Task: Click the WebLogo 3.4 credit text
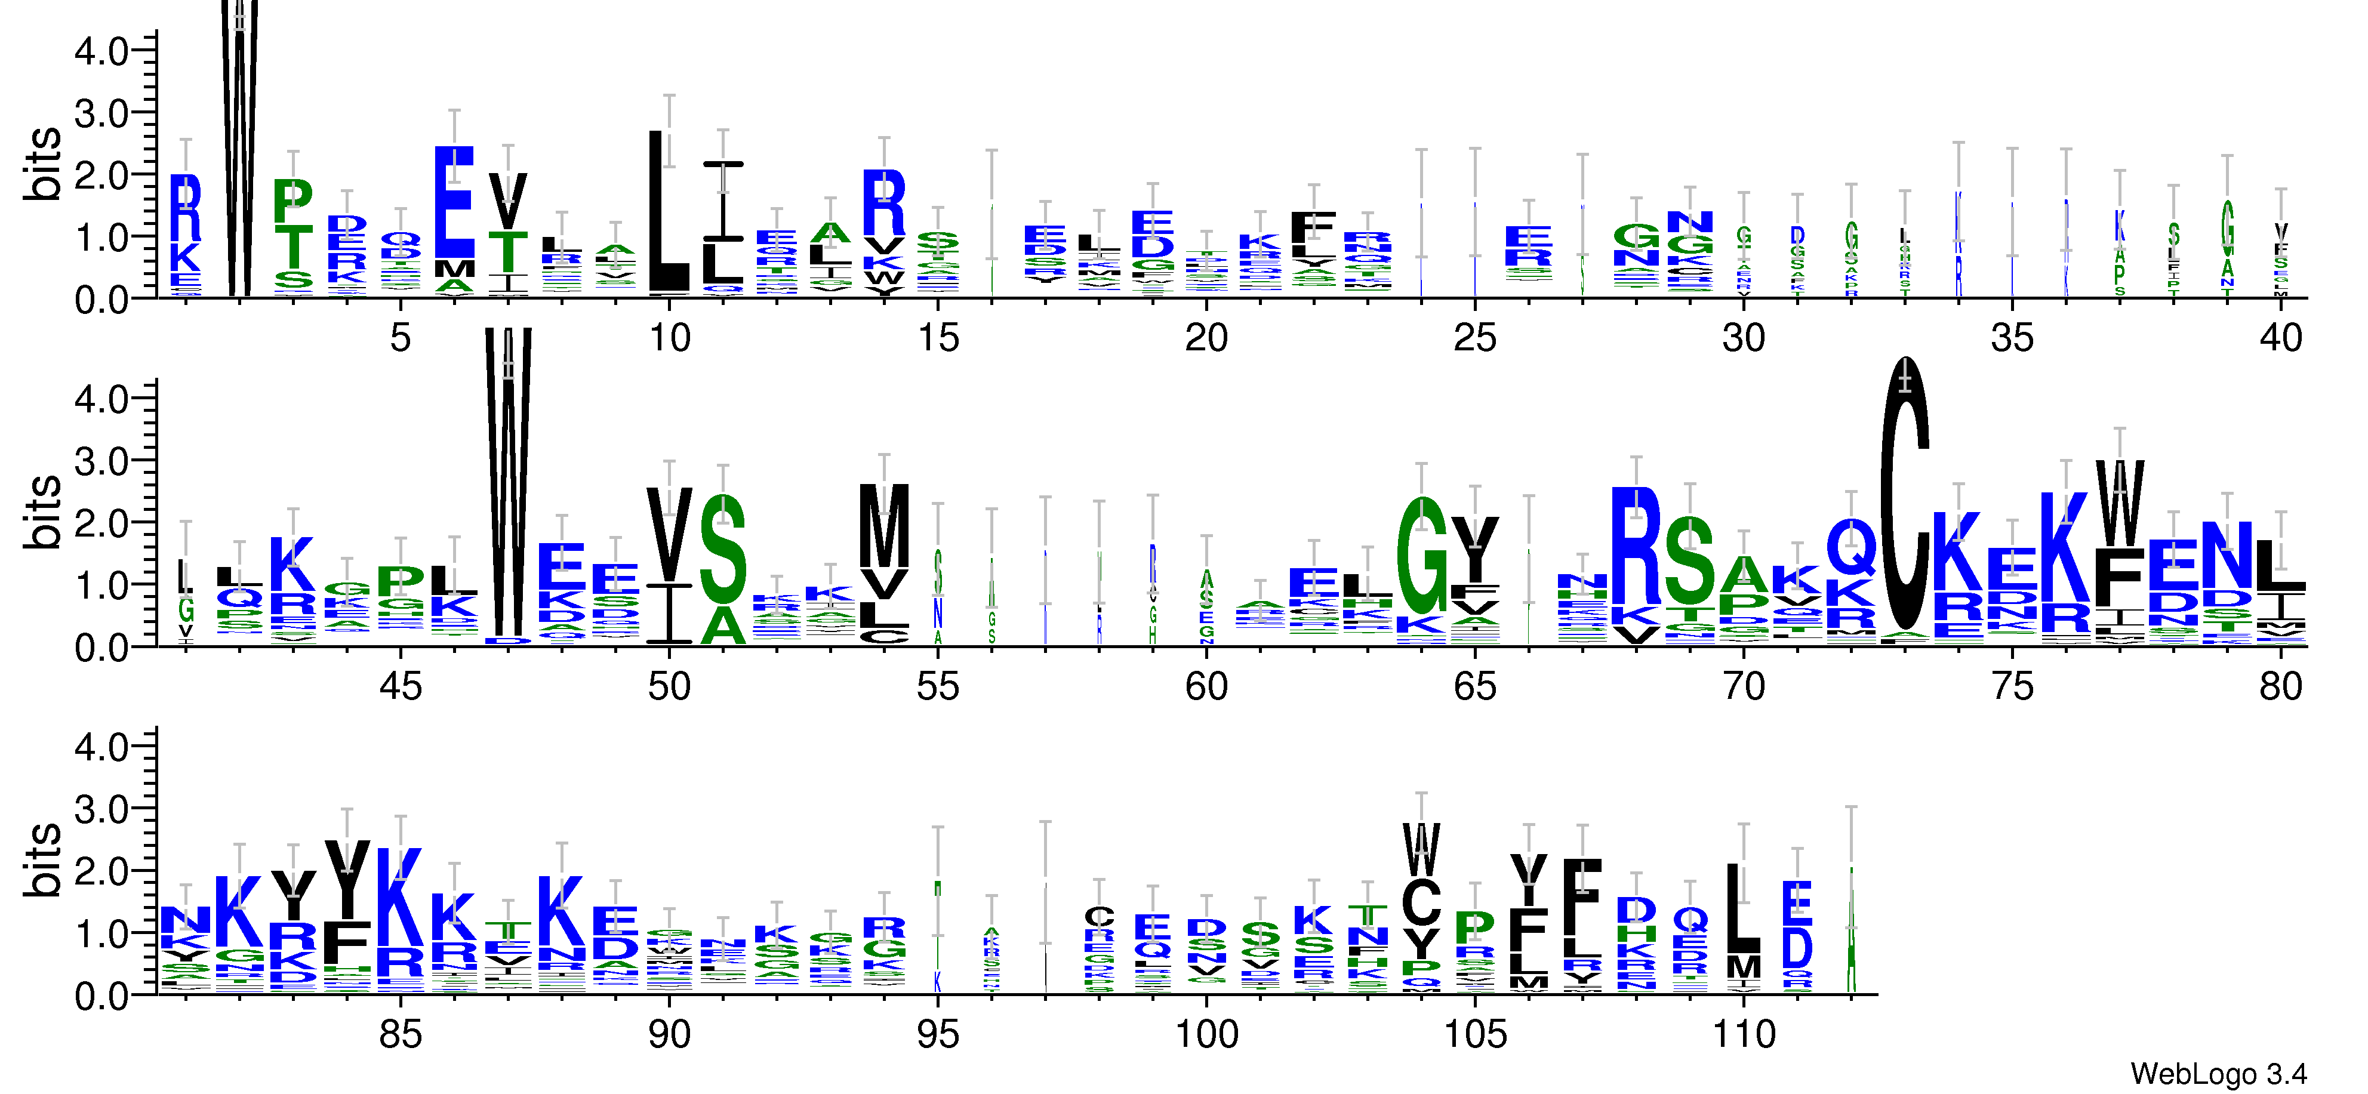(2218, 1073)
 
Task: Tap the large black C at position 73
(1905, 497)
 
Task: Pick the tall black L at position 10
(669, 211)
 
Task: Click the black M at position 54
(883, 525)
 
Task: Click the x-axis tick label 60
(1206, 687)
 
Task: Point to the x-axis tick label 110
(1743, 1035)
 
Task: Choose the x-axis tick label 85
(400, 1035)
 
